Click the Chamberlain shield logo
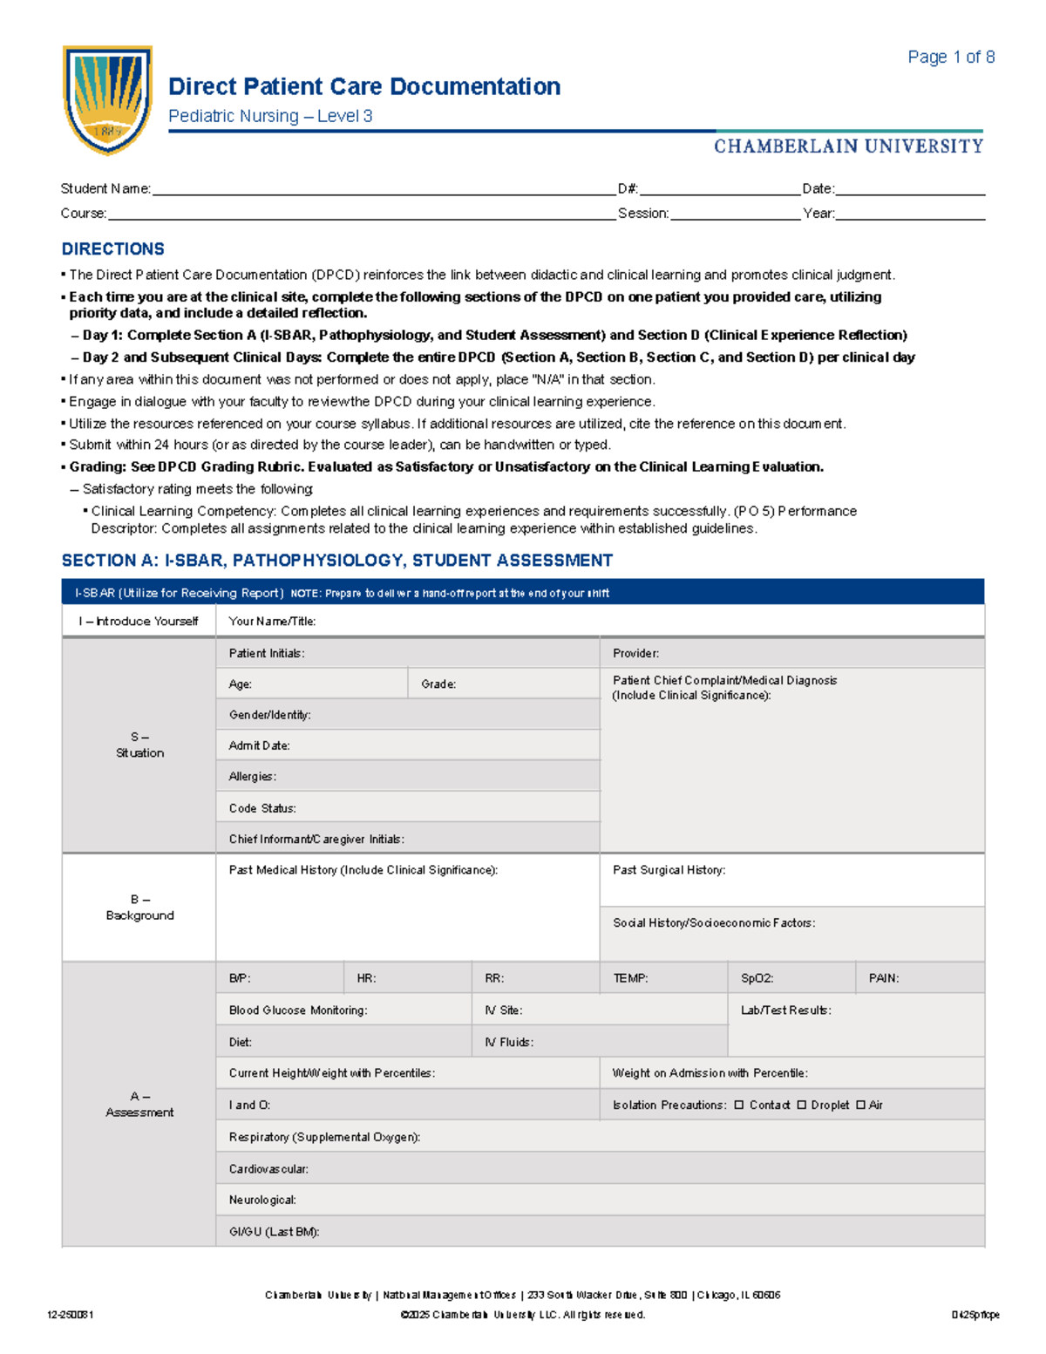[107, 99]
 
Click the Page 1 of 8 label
[950, 58]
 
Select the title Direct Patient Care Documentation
[363, 87]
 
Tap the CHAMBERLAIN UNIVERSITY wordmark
[848, 146]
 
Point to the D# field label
[628, 189]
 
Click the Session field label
[642, 214]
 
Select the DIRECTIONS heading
[112, 249]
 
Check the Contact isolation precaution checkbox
[739, 1106]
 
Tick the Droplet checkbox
[801, 1106]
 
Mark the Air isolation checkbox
[860, 1106]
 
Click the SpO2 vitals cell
[791, 978]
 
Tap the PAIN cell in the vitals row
[919, 978]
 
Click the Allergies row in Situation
[407, 776]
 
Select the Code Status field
[407, 808]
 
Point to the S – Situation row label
[139, 745]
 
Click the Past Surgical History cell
[791, 881]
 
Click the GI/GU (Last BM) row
[599, 1232]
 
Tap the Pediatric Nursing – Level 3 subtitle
[270, 117]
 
